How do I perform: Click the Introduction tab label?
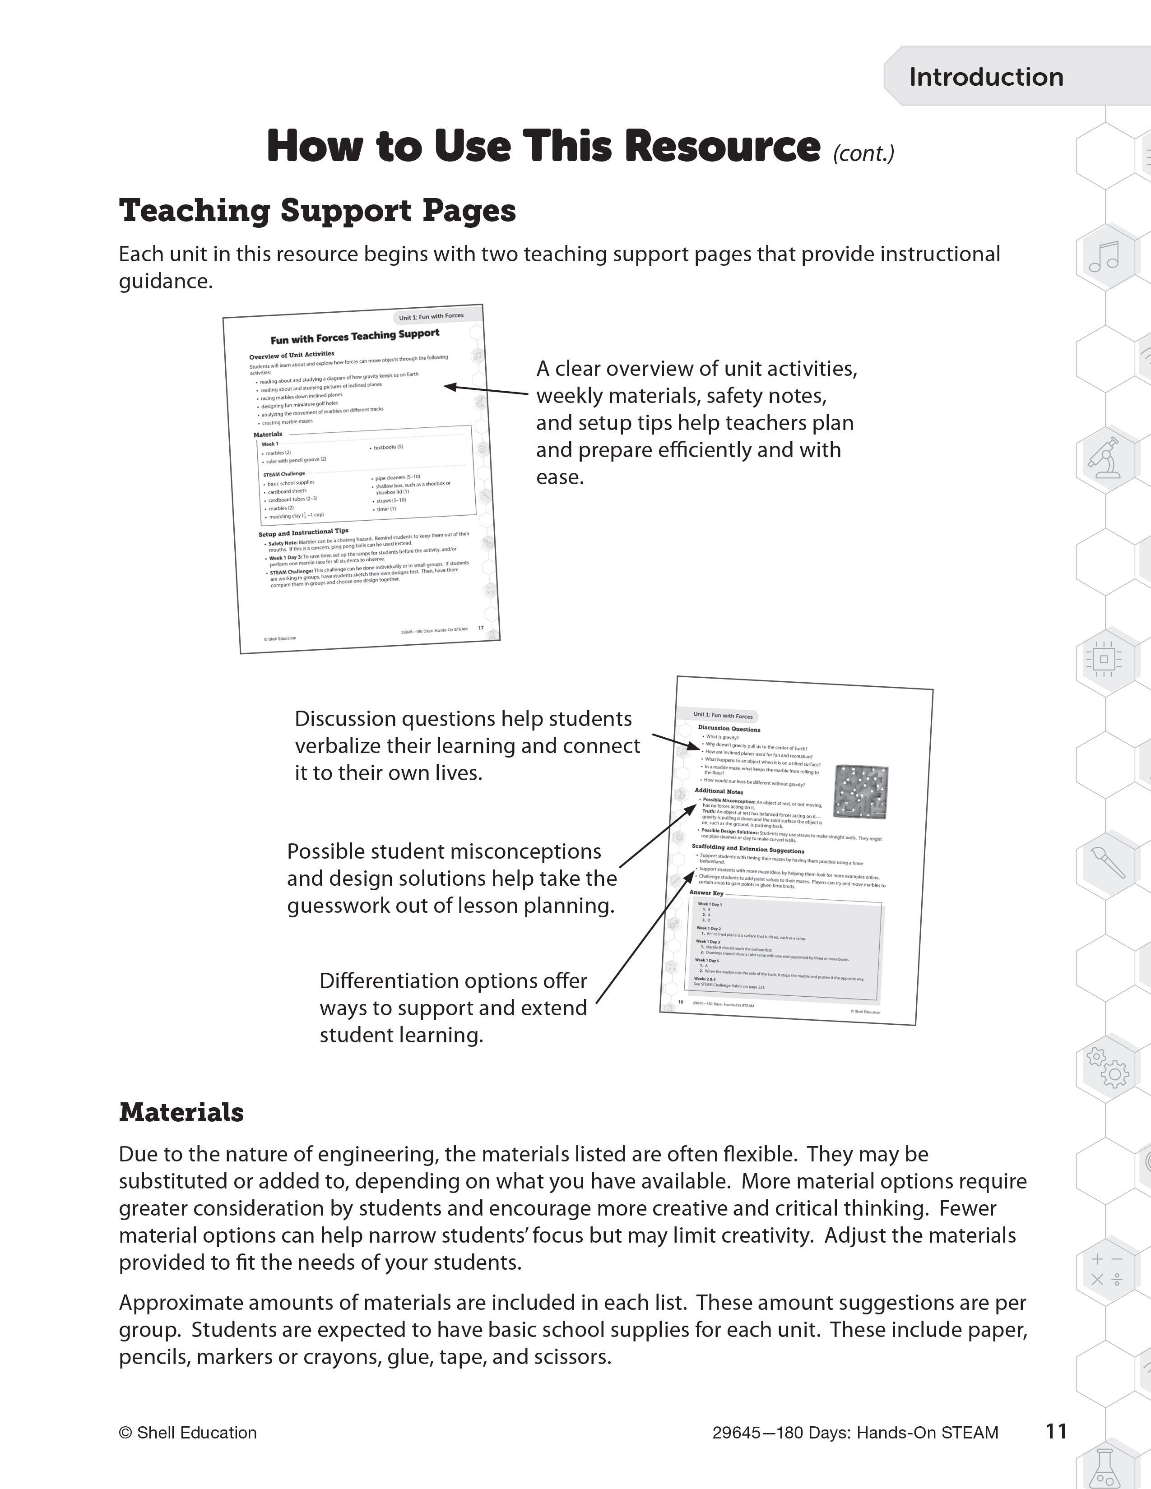pos(985,77)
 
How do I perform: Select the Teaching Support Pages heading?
pos(317,211)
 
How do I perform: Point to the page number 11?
pos(1056,1431)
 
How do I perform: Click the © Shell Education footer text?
pos(187,1433)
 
